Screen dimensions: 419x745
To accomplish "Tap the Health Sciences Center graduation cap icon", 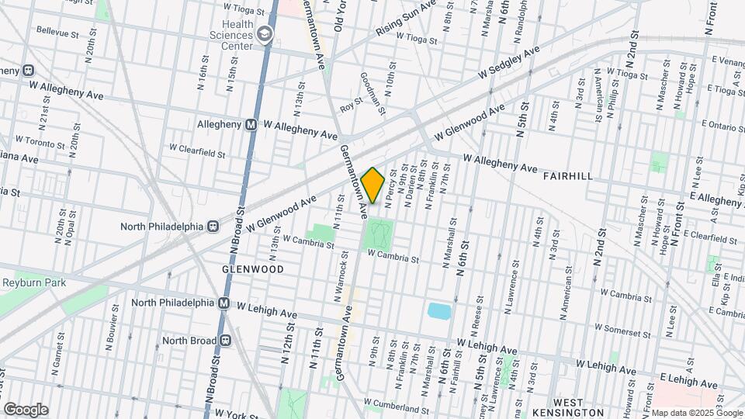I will coord(266,34).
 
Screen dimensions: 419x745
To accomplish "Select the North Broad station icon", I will coord(226,339).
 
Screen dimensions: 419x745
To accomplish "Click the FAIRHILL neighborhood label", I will coord(568,176).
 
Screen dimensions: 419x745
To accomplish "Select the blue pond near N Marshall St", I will coord(439,311).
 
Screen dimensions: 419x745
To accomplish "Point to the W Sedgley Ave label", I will coord(508,64).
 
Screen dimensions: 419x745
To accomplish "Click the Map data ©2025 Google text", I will coord(696,413).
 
